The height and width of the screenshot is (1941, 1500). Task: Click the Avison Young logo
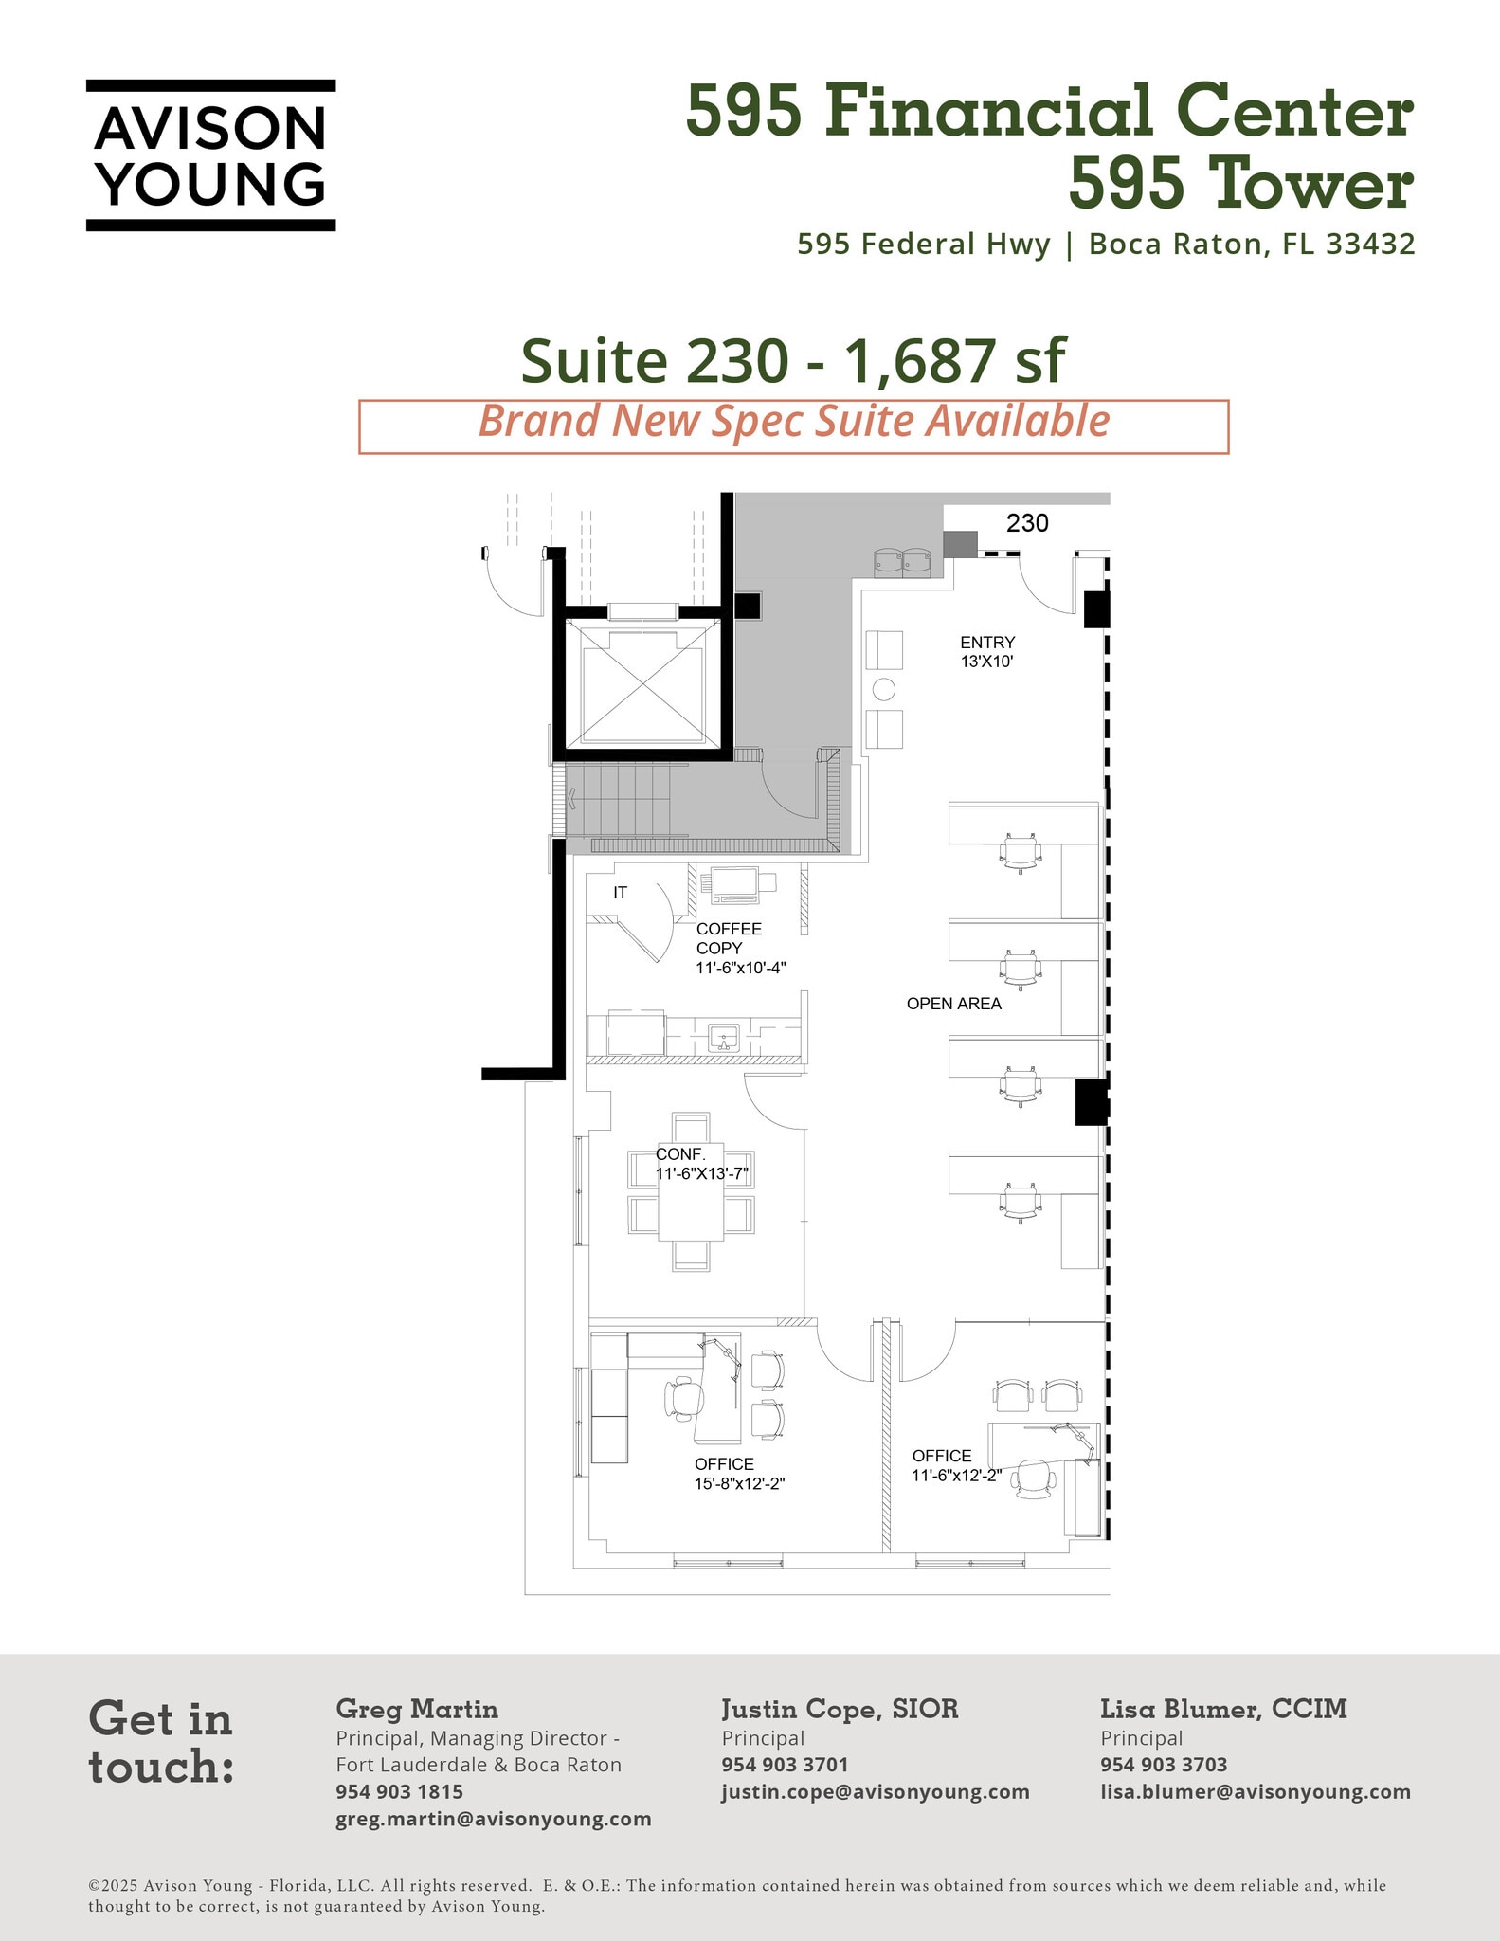point(210,155)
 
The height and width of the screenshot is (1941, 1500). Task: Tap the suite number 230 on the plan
point(1027,523)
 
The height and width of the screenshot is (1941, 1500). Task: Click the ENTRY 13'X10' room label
point(986,652)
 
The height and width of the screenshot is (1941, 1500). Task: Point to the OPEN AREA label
point(953,1004)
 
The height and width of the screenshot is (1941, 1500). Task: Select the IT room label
point(620,893)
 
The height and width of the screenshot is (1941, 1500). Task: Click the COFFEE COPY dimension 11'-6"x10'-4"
point(741,968)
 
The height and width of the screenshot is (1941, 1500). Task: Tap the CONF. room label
point(680,1154)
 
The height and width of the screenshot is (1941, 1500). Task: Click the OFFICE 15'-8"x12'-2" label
point(739,1474)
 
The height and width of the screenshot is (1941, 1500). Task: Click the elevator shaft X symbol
point(644,683)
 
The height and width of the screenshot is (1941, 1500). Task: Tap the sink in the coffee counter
point(725,1038)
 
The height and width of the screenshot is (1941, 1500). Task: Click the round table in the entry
point(883,689)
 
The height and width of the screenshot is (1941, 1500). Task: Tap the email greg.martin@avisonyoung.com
point(493,1819)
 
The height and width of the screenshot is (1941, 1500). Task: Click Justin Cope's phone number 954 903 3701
point(785,1765)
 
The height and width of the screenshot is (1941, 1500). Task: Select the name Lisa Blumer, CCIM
point(1222,1709)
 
